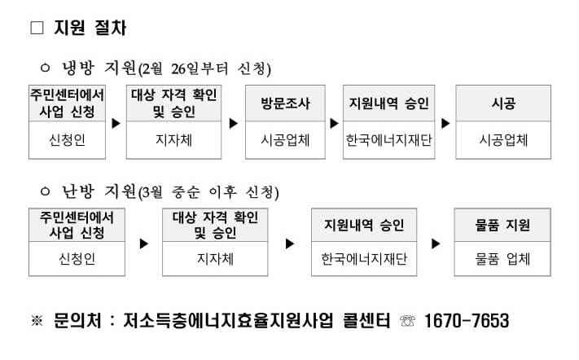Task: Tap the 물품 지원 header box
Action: [x=502, y=225]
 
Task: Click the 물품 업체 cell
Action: [x=502, y=259]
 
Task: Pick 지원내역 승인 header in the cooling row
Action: [x=388, y=103]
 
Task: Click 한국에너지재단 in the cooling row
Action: [x=388, y=139]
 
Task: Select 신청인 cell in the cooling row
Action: [x=67, y=139]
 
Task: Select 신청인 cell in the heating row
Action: [x=77, y=259]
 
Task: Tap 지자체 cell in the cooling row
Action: [x=173, y=139]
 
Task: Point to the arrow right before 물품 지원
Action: [x=436, y=243]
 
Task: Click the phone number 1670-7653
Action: [x=467, y=321]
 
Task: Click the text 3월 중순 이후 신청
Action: [x=208, y=192]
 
